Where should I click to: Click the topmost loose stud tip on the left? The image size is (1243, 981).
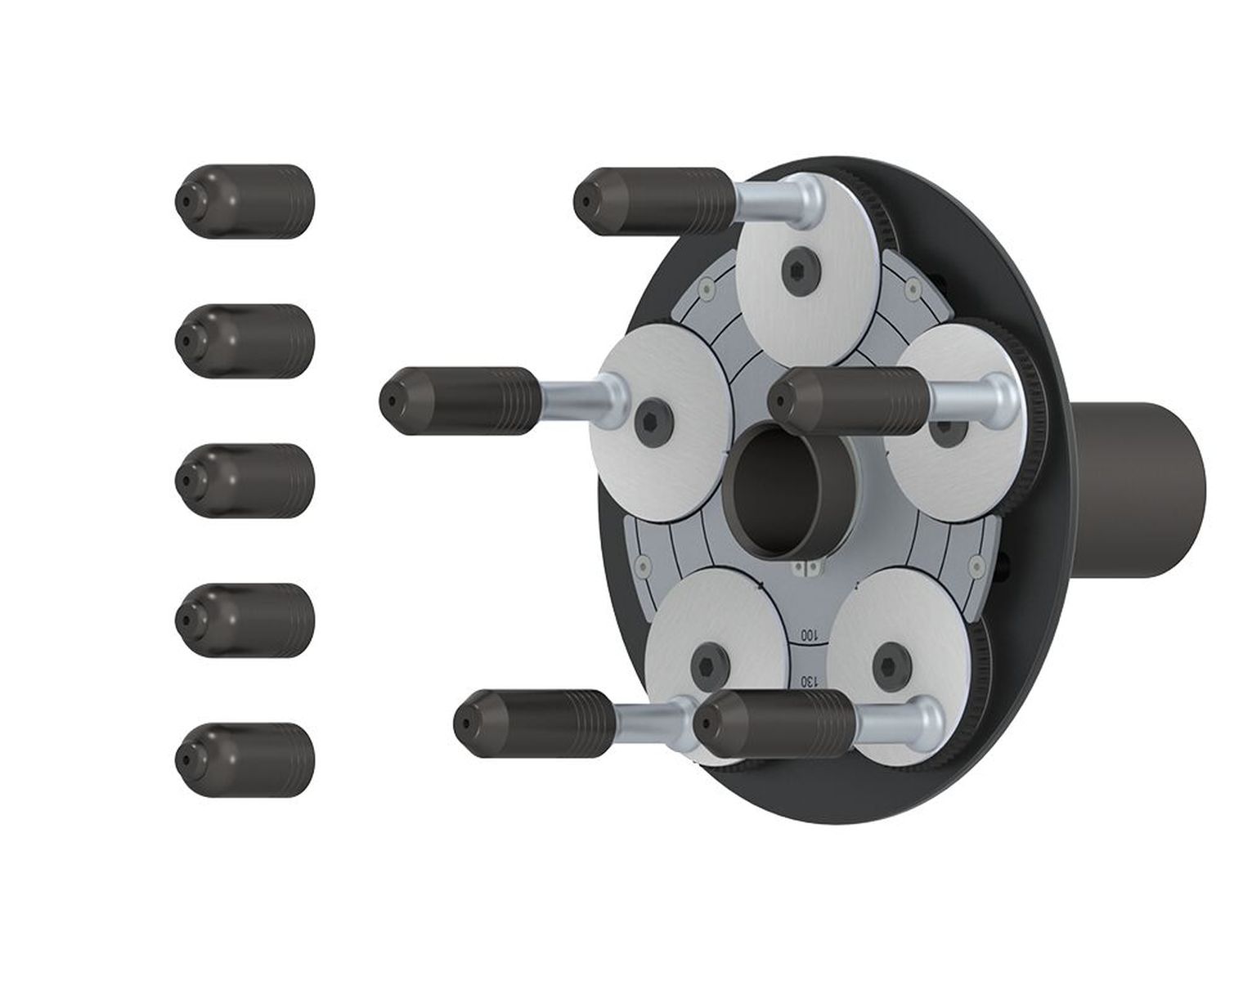click(245, 201)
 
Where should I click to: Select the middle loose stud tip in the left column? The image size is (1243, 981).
click(245, 481)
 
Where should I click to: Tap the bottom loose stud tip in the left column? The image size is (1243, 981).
click(245, 759)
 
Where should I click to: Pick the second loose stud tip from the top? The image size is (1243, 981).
click(245, 341)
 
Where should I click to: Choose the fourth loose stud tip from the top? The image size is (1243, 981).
click(245, 620)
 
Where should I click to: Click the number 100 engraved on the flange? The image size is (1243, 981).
click(810, 635)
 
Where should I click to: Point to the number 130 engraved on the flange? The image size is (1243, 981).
click(810, 682)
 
